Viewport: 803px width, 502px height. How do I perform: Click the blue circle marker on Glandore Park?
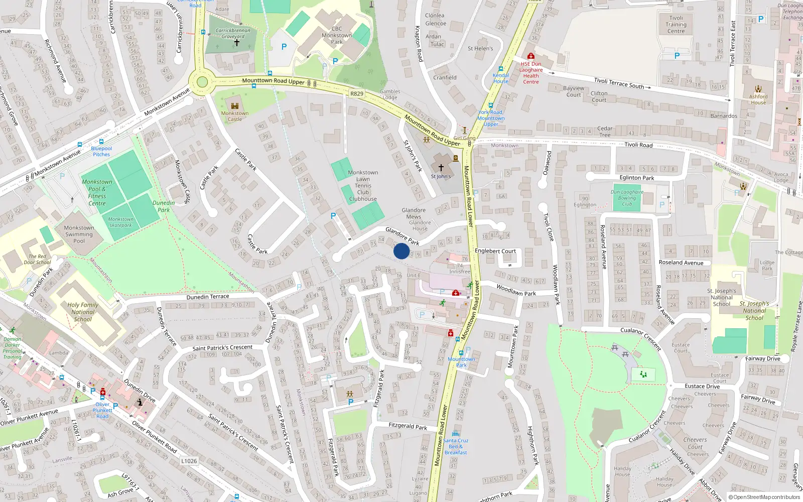(x=401, y=251)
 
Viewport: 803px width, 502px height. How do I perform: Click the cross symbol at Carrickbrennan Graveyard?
(x=237, y=43)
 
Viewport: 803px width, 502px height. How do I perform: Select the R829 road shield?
(x=356, y=94)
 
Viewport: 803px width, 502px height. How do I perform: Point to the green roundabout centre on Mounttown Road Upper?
(x=202, y=82)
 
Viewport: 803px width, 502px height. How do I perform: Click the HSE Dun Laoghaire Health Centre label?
(x=530, y=73)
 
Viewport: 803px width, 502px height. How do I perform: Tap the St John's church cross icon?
(x=441, y=168)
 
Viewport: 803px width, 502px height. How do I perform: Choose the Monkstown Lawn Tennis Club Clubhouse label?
(x=363, y=186)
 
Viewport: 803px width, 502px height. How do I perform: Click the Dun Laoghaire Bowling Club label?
(x=627, y=198)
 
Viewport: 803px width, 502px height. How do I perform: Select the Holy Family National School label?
(x=83, y=312)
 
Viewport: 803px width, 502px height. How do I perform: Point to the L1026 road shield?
(x=189, y=461)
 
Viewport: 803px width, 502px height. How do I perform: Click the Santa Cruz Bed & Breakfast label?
(x=456, y=446)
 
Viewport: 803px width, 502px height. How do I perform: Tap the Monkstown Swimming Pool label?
(x=79, y=234)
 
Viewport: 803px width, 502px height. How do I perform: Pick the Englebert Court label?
(x=495, y=251)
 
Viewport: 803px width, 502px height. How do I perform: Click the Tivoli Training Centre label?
(x=676, y=25)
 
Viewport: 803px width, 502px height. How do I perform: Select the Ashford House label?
(x=758, y=99)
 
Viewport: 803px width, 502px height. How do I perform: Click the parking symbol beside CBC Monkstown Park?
(x=284, y=47)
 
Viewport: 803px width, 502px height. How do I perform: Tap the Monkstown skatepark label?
(x=120, y=222)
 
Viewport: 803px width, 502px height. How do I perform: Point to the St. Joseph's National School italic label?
(x=754, y=310)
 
